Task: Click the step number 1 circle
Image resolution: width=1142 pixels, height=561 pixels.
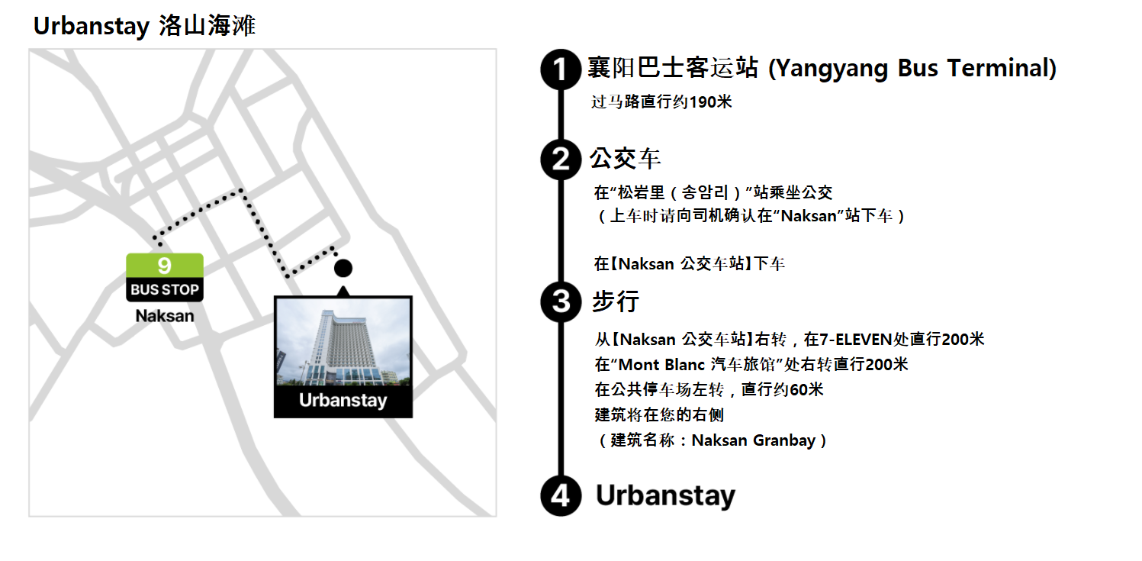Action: [x=561, y=69]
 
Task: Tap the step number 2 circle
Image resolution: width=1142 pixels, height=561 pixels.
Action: [x=561, y=160]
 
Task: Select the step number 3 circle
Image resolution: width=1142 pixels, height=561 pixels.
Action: [x=561, y=301]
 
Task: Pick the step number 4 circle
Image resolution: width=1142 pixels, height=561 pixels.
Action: [x=561, y=496]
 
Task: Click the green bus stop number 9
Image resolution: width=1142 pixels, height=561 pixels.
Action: [x=165, y=266]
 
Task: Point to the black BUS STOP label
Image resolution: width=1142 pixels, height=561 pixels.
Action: [x=165, y=290]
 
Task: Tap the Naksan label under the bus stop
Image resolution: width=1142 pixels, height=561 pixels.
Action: [x=165, y=315]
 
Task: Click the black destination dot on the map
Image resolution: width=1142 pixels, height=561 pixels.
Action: [x=343, y=268]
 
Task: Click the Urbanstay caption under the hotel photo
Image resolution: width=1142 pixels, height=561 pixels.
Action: [x=343, y=401]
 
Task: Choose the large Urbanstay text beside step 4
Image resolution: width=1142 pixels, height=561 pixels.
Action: [x=665, y=496]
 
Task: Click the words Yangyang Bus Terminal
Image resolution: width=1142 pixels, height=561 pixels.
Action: [x=912, y=69]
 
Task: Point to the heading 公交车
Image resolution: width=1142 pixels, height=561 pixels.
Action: [x=625, y=160]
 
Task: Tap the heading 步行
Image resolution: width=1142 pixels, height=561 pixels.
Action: [x=615, y=301]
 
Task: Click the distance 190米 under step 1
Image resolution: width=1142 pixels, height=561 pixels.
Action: [x=710, y=102]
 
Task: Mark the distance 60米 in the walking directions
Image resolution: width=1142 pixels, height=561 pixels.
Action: [x=806, y=390]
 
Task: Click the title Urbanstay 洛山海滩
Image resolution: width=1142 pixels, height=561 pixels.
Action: [x=144, y=27]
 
